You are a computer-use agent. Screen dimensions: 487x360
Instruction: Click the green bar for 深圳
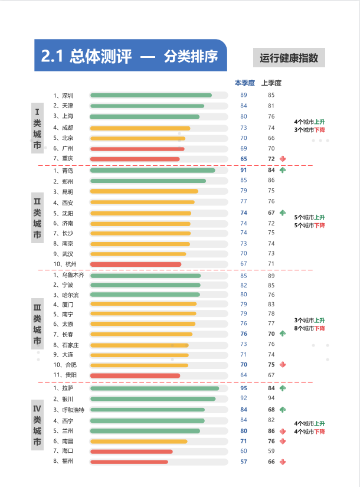pos(150,95)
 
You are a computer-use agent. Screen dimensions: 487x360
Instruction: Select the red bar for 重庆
pos(135,159)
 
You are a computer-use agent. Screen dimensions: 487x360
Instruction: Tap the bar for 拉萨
pos(154,388)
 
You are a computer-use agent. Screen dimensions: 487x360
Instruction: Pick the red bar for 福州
pos(129,462)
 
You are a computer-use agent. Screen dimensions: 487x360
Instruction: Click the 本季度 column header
pos(244,83)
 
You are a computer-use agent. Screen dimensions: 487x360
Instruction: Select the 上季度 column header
pos(271,83)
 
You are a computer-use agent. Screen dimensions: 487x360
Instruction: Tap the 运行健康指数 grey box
pos(289,58)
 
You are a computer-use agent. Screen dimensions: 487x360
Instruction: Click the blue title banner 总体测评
pos(130,56)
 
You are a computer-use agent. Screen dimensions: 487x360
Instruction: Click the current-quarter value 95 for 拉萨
pos(244,388)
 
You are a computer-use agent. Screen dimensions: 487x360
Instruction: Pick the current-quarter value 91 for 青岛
pos(244,170)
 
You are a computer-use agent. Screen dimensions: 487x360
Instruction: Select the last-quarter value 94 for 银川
pos(271,399)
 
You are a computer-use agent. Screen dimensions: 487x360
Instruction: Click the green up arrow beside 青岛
pos(283,170)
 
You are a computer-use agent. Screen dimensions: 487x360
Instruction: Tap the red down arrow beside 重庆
pos(283,159)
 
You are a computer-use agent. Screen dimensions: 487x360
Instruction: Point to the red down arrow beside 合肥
pos(283,365)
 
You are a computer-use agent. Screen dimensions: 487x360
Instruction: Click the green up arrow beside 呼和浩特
pos(283,410)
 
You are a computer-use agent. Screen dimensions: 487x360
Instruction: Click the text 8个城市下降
pos(309,328)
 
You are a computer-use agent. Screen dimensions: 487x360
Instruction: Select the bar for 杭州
pos(135,264)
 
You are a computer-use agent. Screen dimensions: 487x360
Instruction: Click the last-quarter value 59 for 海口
pos(271,451)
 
